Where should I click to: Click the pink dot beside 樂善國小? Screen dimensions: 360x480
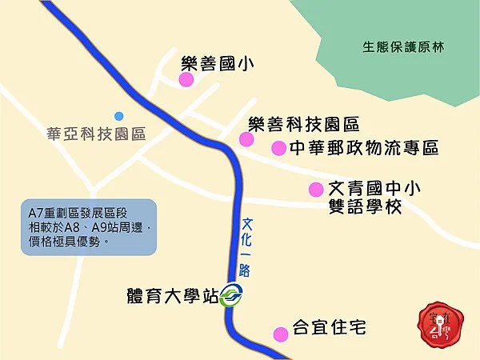click(x=186, y=80)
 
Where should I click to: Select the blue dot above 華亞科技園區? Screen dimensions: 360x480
click(x=119, y=116)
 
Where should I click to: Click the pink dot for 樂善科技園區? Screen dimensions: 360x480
click(x=246, y=139)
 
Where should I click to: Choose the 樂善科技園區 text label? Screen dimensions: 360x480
click(x=304, y=124)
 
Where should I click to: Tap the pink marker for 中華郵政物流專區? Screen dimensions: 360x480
click(x=278, y=148)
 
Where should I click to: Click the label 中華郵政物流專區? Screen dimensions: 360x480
click(x=364, y=148)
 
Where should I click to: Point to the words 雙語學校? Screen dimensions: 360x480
click(x=366, y=207)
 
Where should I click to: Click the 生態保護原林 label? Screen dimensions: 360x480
click(x=402, y=46)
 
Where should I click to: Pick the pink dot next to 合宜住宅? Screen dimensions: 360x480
click(x=280, y=334)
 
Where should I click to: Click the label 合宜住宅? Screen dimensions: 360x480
click(x=329, y=328)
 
